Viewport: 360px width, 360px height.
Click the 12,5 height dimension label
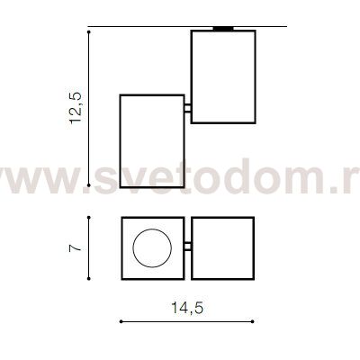[75, 107]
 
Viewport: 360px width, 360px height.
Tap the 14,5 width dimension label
[187, 308]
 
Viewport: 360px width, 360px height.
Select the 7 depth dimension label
[75, 248]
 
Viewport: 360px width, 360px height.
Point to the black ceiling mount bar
[223, 29]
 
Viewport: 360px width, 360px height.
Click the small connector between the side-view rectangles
[188, 108]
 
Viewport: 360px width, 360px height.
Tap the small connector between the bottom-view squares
[188, 247]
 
